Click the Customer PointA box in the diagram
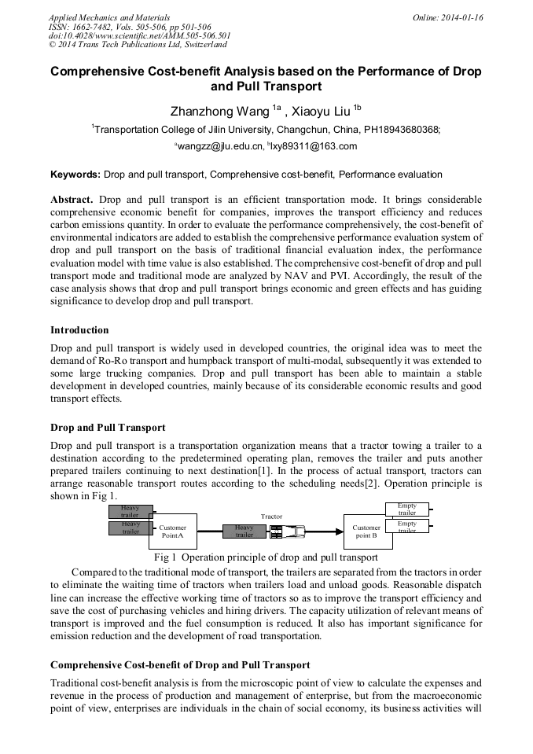[172, 531]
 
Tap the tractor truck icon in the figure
[286, 532]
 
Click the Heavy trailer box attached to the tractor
[244, 531]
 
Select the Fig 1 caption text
[266, 557]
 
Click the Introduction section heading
[79, 329]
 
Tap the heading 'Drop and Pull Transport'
[108, 428]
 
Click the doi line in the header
[139, 35]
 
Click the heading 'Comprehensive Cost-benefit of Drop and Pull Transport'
[180, 664]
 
